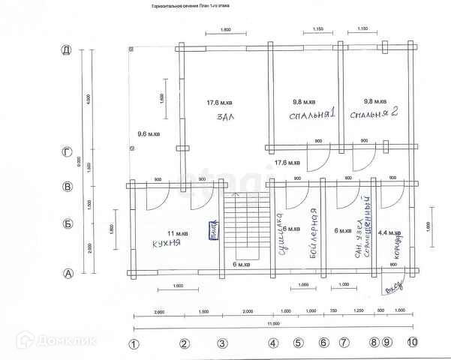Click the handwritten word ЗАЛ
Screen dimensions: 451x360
[x=222, y=118]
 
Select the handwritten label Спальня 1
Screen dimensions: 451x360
[x=311, y=115]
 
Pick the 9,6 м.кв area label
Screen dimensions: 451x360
[x=149, y=134]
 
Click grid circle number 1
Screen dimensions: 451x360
[x=134, y=343]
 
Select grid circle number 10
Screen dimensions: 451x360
[x=412, y=343]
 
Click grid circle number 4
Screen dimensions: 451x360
[x=274, y=343]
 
